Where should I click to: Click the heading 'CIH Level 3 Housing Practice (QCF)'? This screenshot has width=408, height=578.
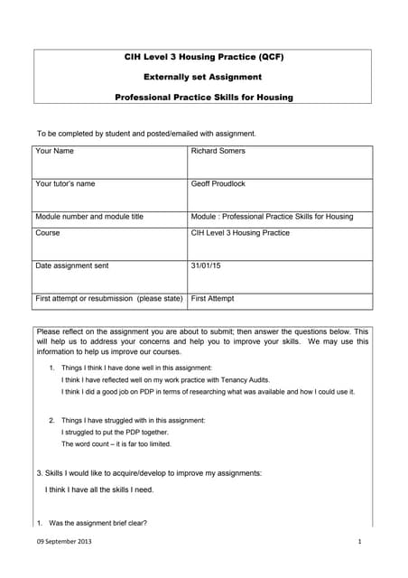[x=203, y=58]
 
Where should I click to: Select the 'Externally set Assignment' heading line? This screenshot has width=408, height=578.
[x=203, y=78]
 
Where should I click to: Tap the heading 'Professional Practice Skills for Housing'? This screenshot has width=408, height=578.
[x=203, y=97]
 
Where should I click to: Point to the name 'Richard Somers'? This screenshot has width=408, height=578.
[x=218, y=151]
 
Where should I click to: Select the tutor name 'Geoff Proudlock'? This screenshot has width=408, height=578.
[x=218, y=183]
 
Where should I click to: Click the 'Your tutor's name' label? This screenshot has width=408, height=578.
[x=65, y=183]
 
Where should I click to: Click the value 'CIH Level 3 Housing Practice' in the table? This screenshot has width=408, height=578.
[x=240, y=233]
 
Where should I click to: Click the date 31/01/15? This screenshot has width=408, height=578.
[x=207, y=266]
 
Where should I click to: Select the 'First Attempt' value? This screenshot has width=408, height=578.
[x=213, y=298]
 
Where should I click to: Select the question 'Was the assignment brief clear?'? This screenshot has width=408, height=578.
[x=97, y=523]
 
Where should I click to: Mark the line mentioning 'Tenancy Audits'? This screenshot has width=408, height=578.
[x=165, y=380]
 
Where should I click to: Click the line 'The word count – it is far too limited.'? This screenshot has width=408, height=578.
[x=116, y=443]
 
